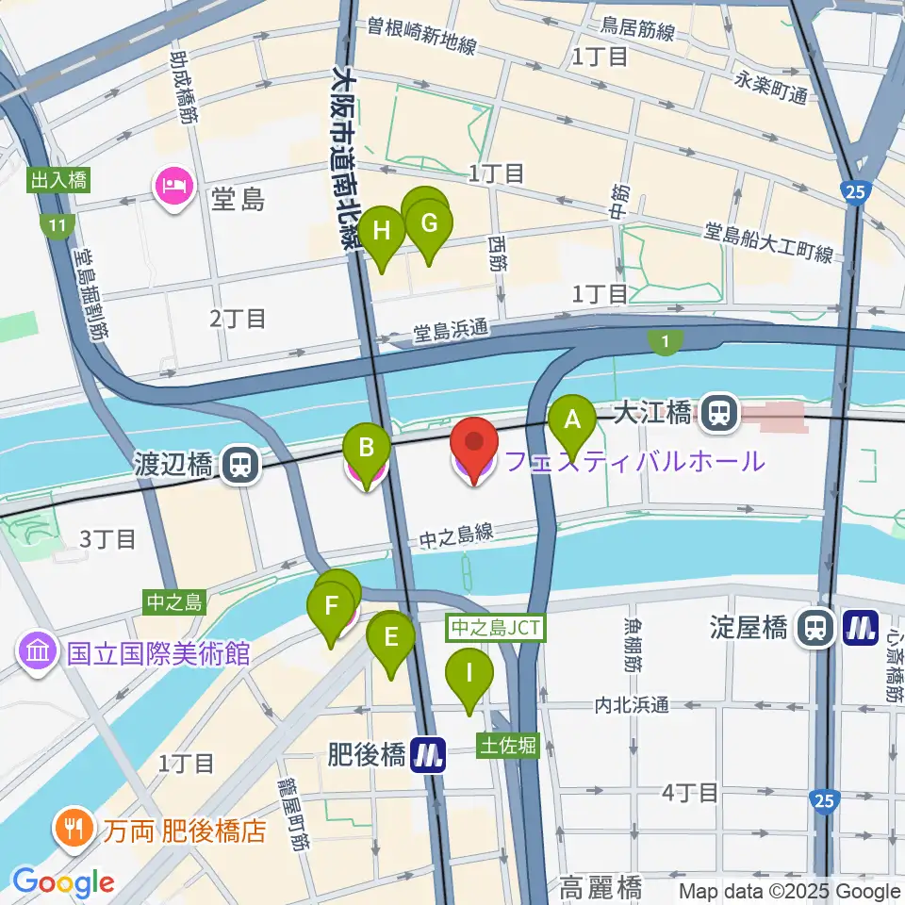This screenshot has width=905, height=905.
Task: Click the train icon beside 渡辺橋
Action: pyautogui.click(x=241, y=463)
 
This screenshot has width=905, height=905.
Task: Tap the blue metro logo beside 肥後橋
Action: pyautogui.click(x=429, y=755)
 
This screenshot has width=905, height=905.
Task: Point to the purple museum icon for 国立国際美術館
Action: pyautogui.click(x=37, y=651)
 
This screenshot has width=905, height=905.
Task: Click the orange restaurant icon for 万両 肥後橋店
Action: pyautogui.click(x=73, y=829)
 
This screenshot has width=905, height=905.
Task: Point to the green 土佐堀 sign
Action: pyautogui.click(x=508, y=746)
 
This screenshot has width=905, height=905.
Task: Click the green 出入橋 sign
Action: pyautogui.click(x=58, y=180)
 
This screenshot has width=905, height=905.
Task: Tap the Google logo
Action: pyautogui.click(x=62, y=882)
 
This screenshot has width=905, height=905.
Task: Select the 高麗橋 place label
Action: pyautogui.click(x=601, y=887)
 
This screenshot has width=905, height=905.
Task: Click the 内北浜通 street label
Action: pyautogui.click(x=632, y=704)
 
